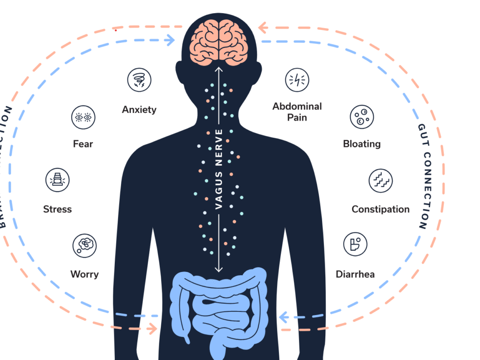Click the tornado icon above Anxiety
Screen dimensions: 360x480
pyautogui.click(x=139, y=80)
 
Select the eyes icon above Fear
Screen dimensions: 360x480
pyautogui.click(x=83, y=117)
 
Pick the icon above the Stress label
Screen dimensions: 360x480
pyautogui.click(x=57, y=180)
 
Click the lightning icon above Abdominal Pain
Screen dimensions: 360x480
pyautogui.click(x=297, y=80)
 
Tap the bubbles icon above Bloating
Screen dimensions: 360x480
pyautogui.click(x=362, y=117)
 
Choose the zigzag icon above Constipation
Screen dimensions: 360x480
pyautogui.click(x=381, y=181)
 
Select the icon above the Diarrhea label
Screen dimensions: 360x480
pyautogui.click(x=355, y=244)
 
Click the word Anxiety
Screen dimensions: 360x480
pyautogui.click(x=139, y=110)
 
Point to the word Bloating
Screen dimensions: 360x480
pyautogui.click(x=362, y=144)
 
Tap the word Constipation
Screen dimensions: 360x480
pyautogui.click(x=381, y=209)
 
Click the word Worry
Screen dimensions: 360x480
pyautogui.click(x=84, y=274)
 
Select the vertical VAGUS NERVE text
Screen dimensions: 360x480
pyautogui.click(x=218, y=169)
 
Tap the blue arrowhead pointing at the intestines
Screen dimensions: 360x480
pyautogui.click(x=283, y=318)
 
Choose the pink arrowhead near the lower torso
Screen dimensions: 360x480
pyautogui.click(x=153, y=329)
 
